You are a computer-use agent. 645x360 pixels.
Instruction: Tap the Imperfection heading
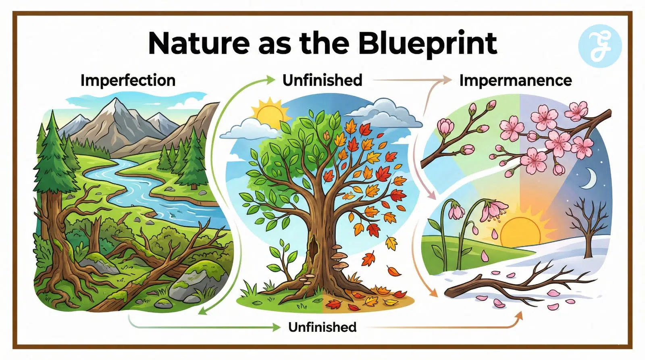click(x=128, y=80)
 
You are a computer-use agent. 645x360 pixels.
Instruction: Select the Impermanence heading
click(x=516, y=80)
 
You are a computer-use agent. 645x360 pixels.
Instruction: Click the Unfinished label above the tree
click(x=322, y=80)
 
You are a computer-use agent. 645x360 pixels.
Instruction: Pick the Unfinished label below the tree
click(x=322, y=327)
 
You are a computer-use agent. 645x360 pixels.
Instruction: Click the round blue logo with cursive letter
click(x=600, y=46)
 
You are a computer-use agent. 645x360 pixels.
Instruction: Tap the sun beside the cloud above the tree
click(x=270, y=112)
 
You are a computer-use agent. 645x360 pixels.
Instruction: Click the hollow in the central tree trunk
click(x=313, y=248)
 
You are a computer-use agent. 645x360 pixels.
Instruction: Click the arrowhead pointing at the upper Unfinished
click(x=271, y=80)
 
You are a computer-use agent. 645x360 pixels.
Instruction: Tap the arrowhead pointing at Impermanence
click(x=447, y=80)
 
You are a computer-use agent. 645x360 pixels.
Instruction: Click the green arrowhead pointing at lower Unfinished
click(x=277, y=327)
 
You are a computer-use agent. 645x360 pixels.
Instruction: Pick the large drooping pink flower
click(x=493, y=210)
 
